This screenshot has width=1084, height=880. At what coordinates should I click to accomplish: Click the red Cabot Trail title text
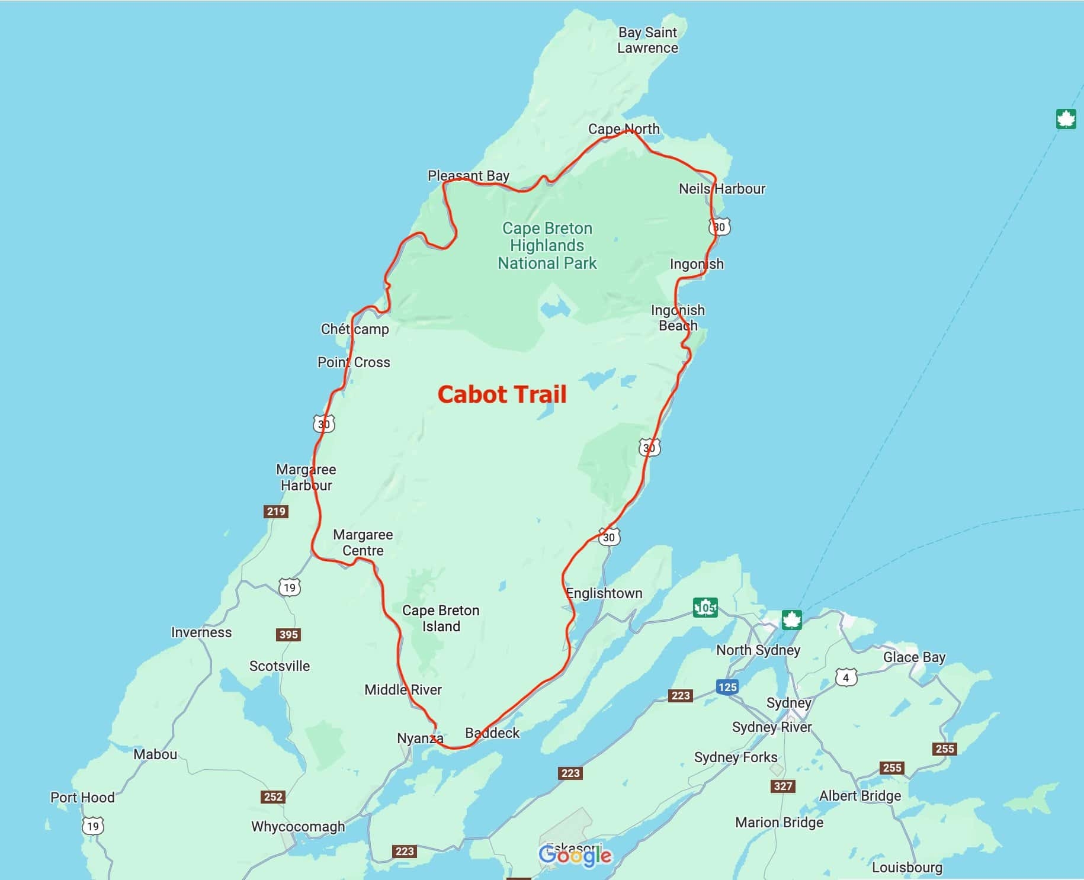tap(502, 394)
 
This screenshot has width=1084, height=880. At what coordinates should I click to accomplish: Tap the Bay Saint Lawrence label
tap(647, 40)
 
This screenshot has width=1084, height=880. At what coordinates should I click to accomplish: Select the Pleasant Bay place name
tap(468, 175)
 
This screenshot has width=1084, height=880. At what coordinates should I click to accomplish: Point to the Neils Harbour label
tap(721, 189)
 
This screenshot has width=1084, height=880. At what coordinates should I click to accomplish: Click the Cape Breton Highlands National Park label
tap(547, 246)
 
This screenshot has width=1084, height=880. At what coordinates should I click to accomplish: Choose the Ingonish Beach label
tap(678, 318)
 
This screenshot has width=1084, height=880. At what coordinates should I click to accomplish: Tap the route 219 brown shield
tap(276, 511)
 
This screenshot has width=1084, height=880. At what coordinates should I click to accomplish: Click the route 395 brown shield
tap(288, 634)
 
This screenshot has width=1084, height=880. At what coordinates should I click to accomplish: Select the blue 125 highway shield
tap(727, 687)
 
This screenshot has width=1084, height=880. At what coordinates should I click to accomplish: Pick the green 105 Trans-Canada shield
tap(705, 607)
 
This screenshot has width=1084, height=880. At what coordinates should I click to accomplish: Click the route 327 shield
tap(782, 786)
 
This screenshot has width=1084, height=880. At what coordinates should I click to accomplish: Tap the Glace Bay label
tap(914, 657)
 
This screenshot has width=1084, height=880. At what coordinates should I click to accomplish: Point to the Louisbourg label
tap(906, 868)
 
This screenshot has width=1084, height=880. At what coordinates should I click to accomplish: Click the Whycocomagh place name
tap(297, 826)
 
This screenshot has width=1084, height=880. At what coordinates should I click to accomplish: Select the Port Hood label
tap(82, 797)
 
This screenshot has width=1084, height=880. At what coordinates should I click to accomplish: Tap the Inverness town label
tap(201, 632)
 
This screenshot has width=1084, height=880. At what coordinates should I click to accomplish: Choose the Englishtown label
tap(604, 593)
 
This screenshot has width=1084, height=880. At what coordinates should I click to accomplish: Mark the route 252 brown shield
tap(273, 797)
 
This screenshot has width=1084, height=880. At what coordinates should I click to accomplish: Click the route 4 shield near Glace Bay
tap(846, 677)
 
